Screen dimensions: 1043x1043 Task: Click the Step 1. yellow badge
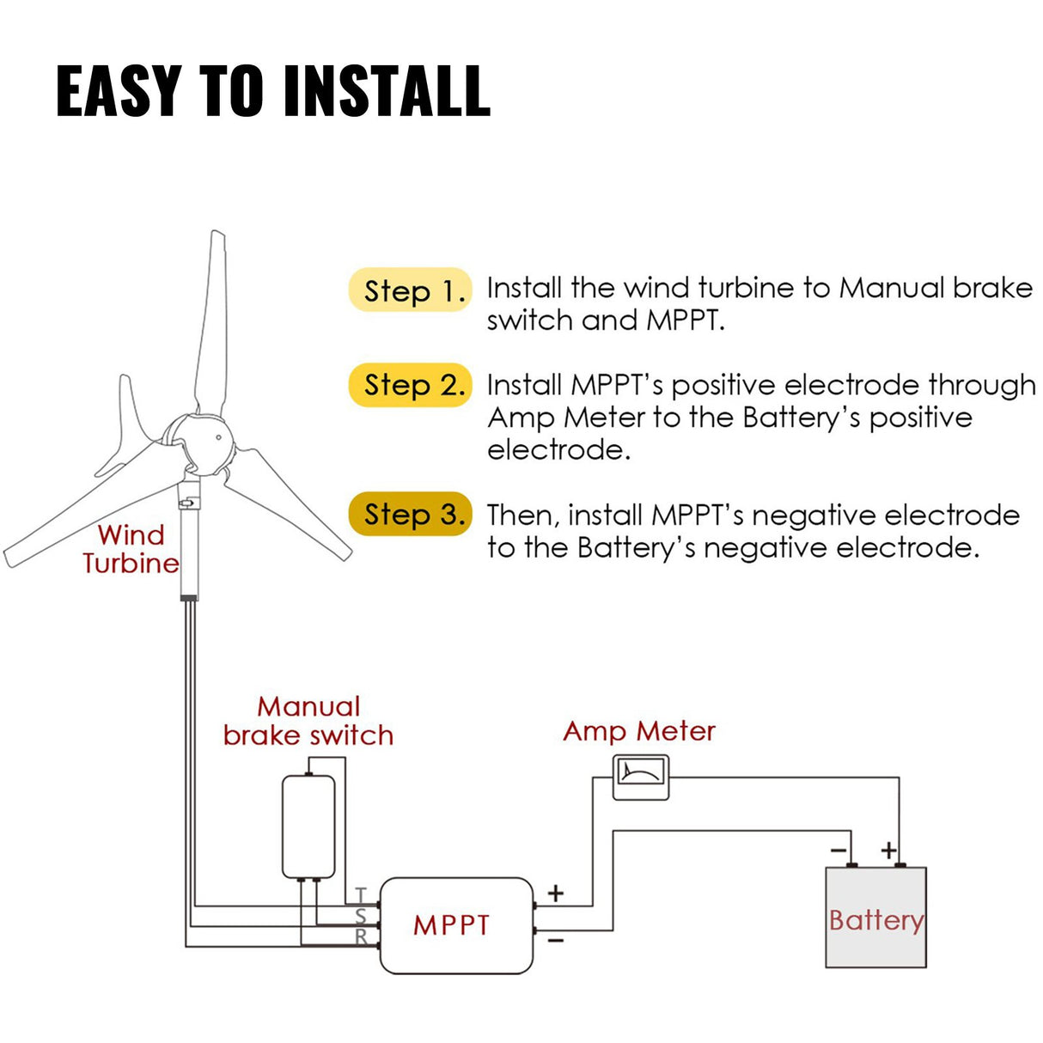(x=410, y=290)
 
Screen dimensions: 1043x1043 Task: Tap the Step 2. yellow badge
(x=410, y=385)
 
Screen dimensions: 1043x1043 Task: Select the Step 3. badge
(x=410, y=515)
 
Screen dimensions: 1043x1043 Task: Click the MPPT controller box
(x=456, y=925)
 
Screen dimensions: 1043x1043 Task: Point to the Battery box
(x=875, y=918)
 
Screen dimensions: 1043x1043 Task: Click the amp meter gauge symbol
(x=640, y=778)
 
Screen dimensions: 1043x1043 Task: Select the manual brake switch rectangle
(x=308, y=826)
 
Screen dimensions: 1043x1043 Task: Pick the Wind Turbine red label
(x=131, y=549)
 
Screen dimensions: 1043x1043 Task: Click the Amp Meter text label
(x=638, y=731)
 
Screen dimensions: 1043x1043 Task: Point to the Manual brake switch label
(x=308, y=721)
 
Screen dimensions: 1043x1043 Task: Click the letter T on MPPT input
(x=362, y=895)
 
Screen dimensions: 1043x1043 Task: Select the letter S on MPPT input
(x=362, y=917)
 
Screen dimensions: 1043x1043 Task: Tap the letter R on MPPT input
(x=362, y=937)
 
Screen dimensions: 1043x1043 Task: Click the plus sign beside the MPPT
(x=556, y=894)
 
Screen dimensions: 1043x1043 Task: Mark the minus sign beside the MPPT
(x=556, y=942)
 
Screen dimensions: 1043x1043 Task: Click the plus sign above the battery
(x=889, y=851)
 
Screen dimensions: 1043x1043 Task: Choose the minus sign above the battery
(x=839, y=851)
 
